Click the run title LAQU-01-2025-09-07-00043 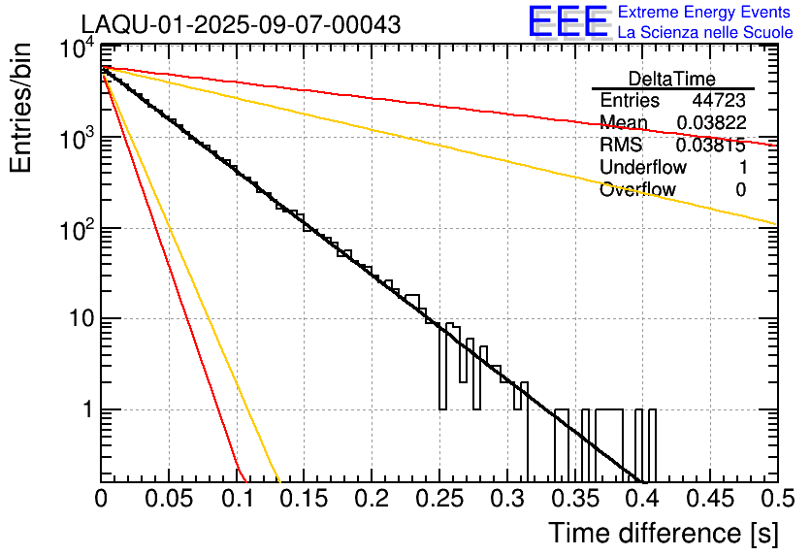[x=241, y=25]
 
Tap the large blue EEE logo [x=568, y=22]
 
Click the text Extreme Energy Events [x=705, y=13]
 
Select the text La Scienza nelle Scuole [x=705, y=32]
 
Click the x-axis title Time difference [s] [x=663, y=533]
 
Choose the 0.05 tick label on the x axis [x=169, y=499]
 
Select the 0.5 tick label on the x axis [x=776, y=499]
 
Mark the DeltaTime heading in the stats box [x=672, y=79]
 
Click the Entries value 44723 [x=718, y=101]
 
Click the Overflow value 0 [x=740, y=190]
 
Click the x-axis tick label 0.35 [x=573, y=499]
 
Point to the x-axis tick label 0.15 [x=304, y=499]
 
